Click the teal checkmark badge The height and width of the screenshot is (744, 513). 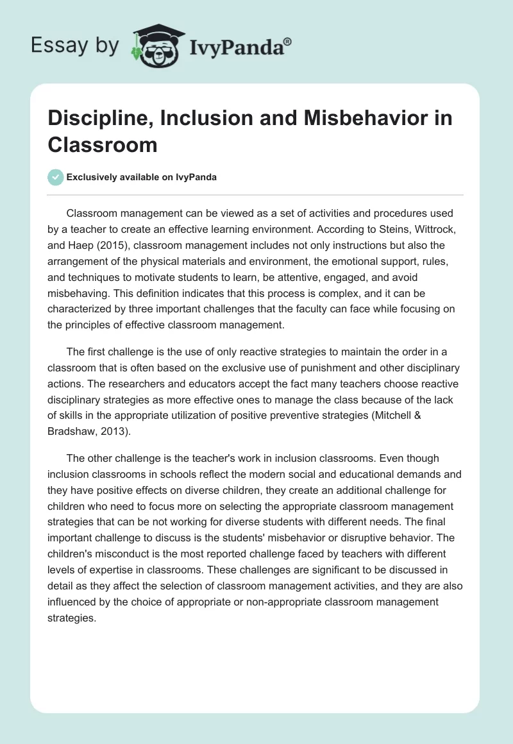(56, 177)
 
